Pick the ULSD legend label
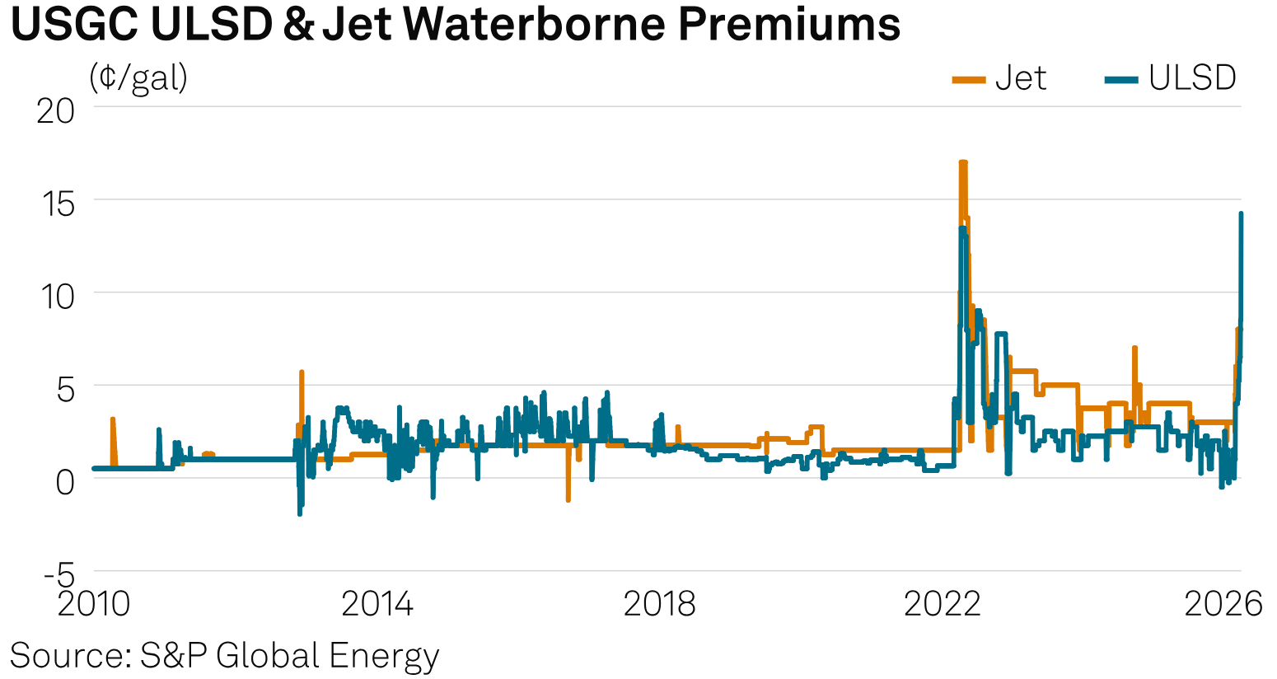(x=1192, y=78)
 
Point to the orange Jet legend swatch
(x=969, y=80)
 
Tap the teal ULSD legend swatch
(x=1121, y=80)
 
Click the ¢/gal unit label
(x=138, y=77)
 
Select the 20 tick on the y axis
(x=55, y=110)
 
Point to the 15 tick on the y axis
(x=55, y=202)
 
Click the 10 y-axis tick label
(x=55, y=295)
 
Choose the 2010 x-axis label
(x=94, y=605)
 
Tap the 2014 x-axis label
(x=377, y=605)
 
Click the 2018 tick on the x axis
(x=659, y=605)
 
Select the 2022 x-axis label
(x=942, y=605)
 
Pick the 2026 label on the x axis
(x=1223, y=605)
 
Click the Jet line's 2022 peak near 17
(x=962, y=163)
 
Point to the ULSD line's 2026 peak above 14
(x=1241, y=214)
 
